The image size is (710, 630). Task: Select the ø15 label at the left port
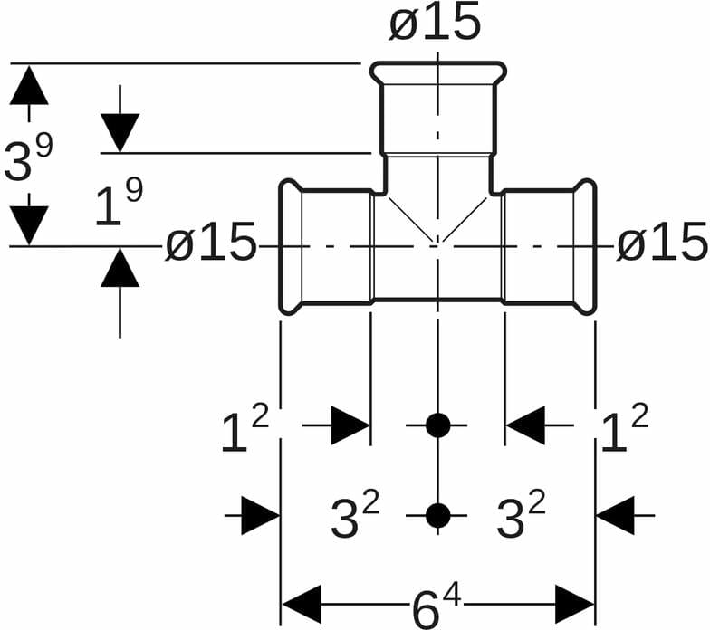[x=211, y=244]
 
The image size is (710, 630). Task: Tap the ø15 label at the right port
[x=662, y=244]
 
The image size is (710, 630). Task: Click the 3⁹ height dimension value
[x=28, y=158]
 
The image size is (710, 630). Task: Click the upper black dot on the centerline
[x=437, y=425]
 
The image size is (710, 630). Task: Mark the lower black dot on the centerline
[x=437, y=515]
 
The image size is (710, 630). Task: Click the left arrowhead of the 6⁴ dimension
[x=302, y=604]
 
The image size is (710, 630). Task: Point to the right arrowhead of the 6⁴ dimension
[x=574, y=604]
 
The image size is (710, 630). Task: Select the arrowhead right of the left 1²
[x=350, y=425]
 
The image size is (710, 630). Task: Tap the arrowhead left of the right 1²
[x=525, y=425]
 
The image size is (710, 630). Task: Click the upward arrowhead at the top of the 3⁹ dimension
[x=30, y=86]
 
